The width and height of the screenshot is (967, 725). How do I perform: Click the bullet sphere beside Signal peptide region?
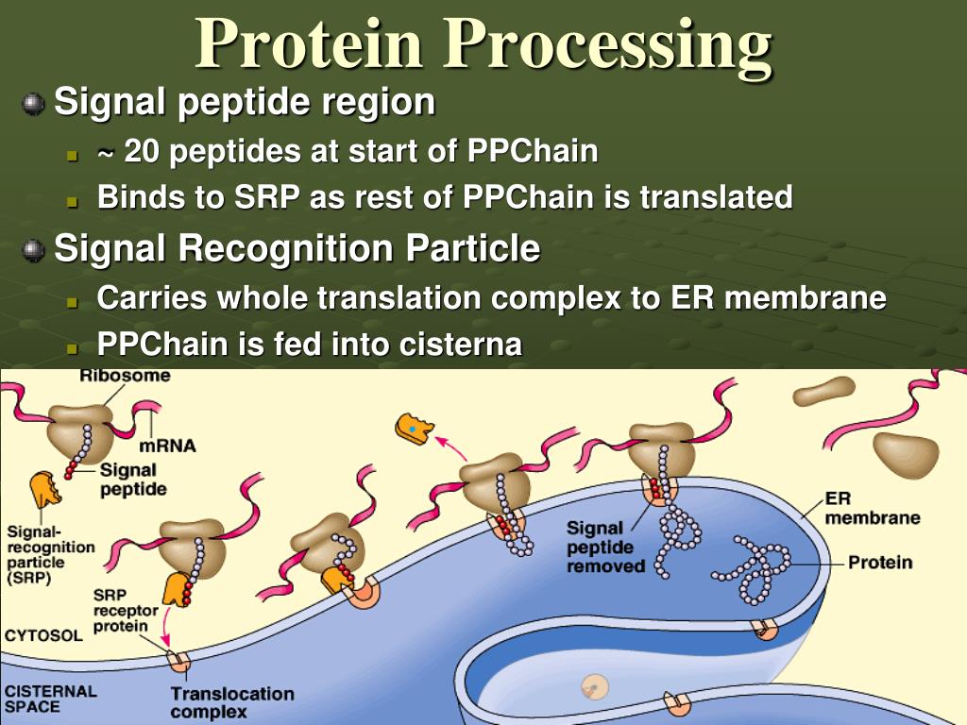pos(33,103)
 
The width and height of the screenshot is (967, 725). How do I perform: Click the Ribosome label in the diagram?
pos(125,376)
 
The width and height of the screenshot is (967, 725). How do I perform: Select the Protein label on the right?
pos(880,563)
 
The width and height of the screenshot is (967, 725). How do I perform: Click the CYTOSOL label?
pos(43,635)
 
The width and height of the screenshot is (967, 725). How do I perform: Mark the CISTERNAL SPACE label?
pos(50,699)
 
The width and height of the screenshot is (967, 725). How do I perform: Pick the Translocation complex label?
pos(231,703)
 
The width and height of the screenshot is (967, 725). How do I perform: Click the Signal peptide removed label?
pos(606,547)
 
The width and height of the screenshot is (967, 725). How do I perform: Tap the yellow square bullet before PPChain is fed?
pos(73,347)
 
